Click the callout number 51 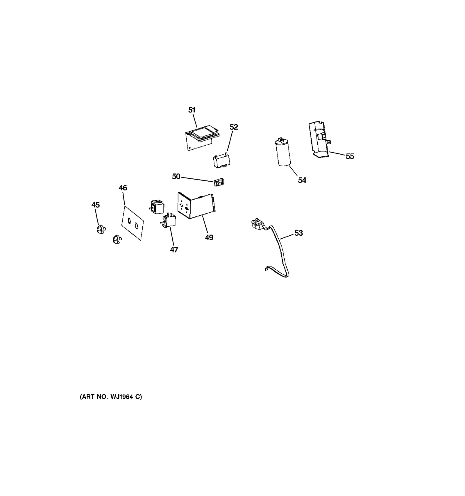pos(192,110)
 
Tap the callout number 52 pos(234,127)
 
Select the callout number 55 pos(350,156)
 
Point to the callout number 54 pos(302,180)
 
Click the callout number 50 pos(176,176)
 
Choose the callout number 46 pos(123,188)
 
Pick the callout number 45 pos(96,205)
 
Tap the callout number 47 pos(174,250)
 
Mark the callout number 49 pos(209,237)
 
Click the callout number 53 pos(299,233)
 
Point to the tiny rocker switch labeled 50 pos(220,183)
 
